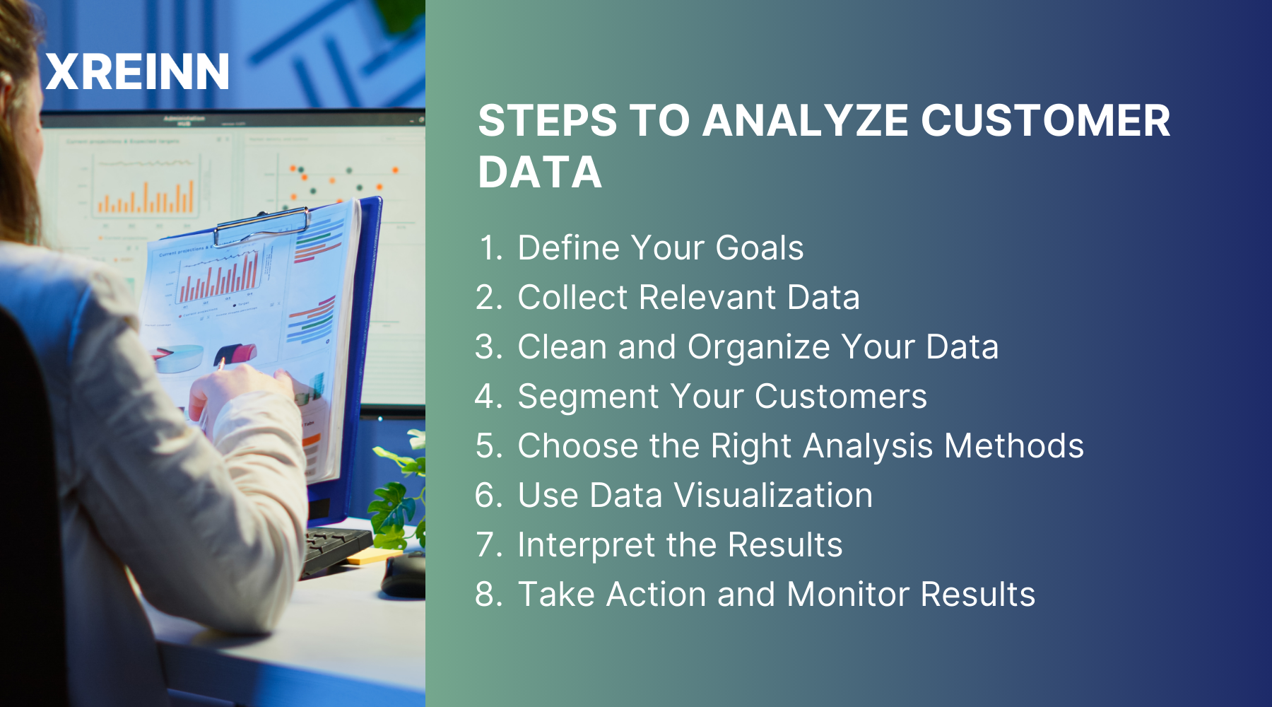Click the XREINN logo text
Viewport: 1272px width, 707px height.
[137, 72]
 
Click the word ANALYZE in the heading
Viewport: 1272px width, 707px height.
[805, 121]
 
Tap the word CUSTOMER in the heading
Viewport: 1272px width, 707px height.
[1045, 121]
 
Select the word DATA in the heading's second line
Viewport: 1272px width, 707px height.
[539, 173]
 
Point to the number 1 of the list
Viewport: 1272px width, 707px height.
[488, 248]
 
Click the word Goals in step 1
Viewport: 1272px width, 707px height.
[759, 248]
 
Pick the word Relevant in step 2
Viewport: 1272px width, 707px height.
[707, 298]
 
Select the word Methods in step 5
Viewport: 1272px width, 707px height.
[1013, 446]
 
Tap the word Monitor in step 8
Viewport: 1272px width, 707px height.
[847, 595]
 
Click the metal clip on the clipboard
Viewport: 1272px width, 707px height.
[261, 225]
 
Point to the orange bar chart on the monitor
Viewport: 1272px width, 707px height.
[145, 198]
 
